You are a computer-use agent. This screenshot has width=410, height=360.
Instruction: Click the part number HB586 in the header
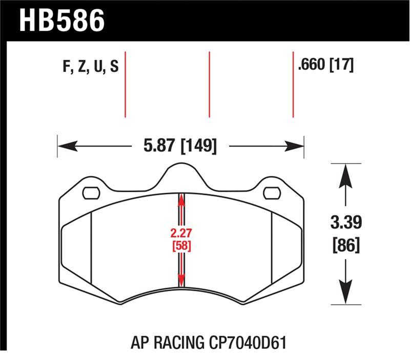click(x=62, y=20)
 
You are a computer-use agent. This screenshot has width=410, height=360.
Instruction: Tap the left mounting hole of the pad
click(x=91, y=193)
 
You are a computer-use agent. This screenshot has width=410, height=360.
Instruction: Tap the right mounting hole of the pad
click(x=271, y=193)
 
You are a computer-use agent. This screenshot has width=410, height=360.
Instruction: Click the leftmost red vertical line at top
click(x=126, y=84)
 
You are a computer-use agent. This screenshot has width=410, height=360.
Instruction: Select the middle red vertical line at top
click(x=209, y=84)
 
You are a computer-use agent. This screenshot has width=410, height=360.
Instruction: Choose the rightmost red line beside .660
click(x=293, y=84)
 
